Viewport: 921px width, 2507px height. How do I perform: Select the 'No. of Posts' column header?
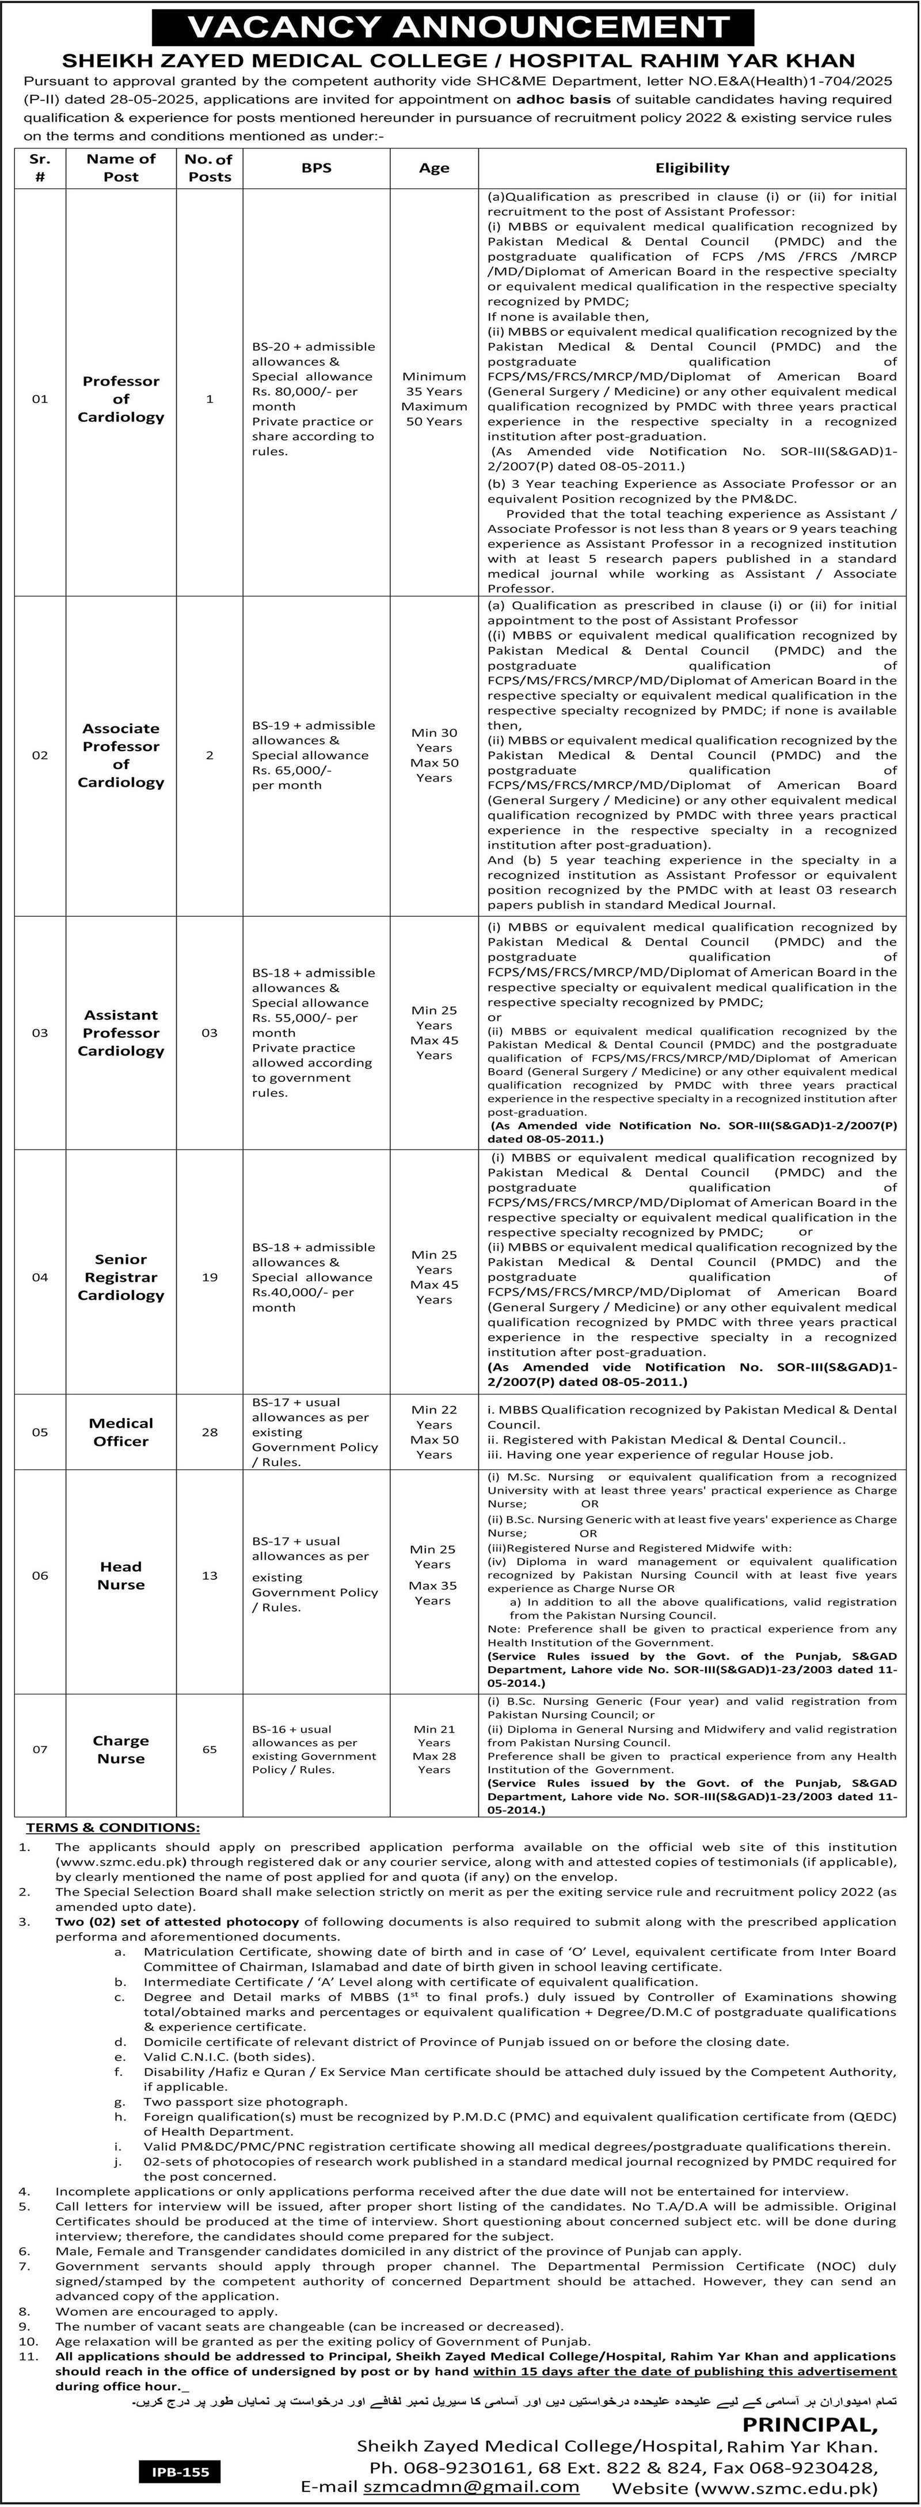coord(210,167)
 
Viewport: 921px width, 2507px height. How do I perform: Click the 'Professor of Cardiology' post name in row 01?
coord(121,399)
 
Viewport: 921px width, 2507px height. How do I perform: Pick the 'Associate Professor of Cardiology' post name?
coord(121,755)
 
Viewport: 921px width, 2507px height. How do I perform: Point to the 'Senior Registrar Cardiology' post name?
coord(121,1277)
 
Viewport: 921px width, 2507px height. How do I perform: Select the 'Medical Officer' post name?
coord(121,1432)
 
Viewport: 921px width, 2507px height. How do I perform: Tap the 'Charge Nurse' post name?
coord(121,1750)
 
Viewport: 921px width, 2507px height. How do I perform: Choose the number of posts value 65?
coord(210,1749)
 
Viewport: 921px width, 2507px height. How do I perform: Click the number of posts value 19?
coord(210,1277)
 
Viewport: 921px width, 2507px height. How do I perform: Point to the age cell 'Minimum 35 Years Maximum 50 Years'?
coord(433,399)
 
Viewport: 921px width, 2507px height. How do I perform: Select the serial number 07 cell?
coord(40,1749)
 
